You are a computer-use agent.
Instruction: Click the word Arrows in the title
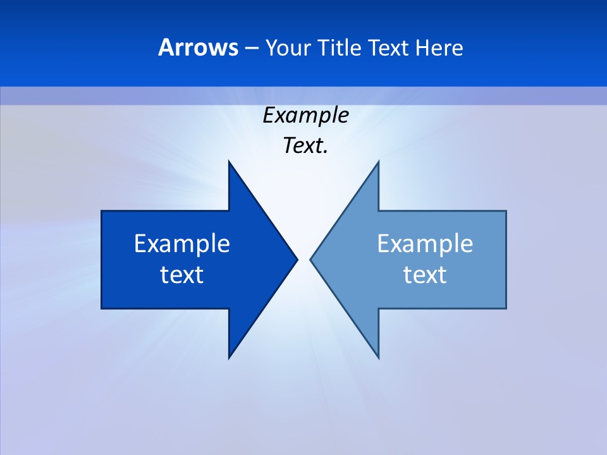pos(198,47)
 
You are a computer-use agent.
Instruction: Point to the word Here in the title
pos(439,47)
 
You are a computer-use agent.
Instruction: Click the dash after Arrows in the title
pos(251,49)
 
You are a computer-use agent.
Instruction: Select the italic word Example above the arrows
pos(305,116)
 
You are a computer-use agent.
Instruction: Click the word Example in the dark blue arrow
pos(182,244)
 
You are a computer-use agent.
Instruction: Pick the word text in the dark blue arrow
pos(182,275)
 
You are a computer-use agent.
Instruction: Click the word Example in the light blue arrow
pos(425,244)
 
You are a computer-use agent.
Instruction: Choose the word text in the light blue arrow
pos(425,275)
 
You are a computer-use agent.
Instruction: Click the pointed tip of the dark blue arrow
pos(297,259)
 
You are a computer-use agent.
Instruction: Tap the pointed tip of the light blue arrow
pos(311,259)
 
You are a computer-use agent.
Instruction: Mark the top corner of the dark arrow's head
pos(229,162)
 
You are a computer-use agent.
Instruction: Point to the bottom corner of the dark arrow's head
pos(229,358)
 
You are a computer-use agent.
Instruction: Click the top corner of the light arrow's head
pos(378,162)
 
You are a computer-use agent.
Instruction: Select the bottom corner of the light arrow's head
pos(378,358)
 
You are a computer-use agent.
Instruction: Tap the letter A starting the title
pos(166,47)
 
